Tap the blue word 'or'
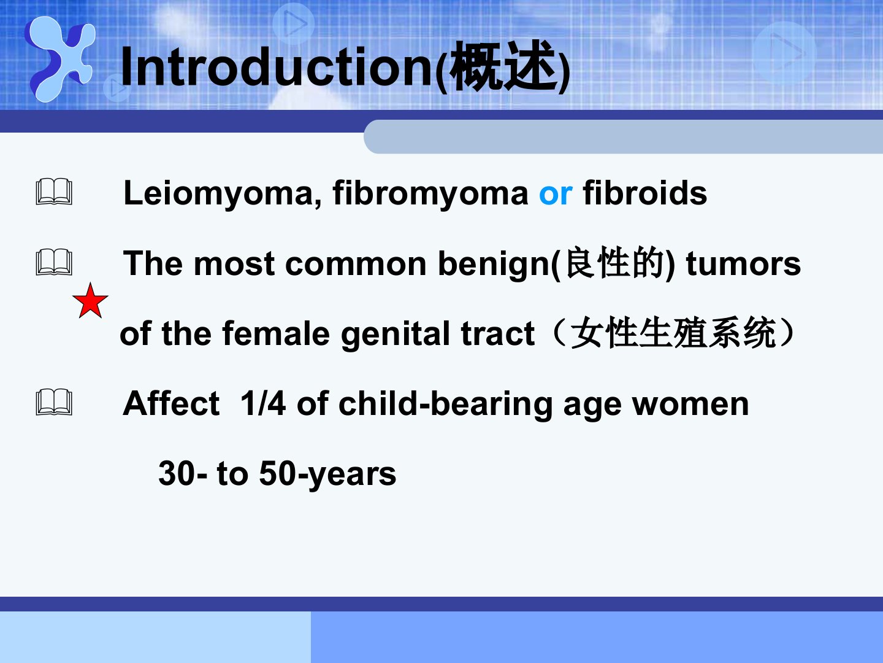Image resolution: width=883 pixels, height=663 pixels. pos(556,194)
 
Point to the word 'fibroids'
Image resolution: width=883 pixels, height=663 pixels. pos(645,193)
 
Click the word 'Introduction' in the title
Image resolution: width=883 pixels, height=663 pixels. pos(277,66)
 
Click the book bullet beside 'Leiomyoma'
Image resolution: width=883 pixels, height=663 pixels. pos(54,192)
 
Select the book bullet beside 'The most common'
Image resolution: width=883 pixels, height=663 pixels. pos(54,262)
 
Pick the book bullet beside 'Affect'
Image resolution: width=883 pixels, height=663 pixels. pos(54,401)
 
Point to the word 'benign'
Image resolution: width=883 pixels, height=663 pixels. pos(494,265)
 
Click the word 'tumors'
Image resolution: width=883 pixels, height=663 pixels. pos(743,264)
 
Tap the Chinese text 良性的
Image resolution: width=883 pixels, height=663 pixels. pos(613,263)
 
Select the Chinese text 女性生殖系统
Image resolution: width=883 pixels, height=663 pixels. pos(673,333)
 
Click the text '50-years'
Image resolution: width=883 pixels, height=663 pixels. pos(327,474)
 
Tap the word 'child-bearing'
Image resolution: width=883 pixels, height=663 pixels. pos(446,404)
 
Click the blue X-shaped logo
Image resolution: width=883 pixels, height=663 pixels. pos(60,59)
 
